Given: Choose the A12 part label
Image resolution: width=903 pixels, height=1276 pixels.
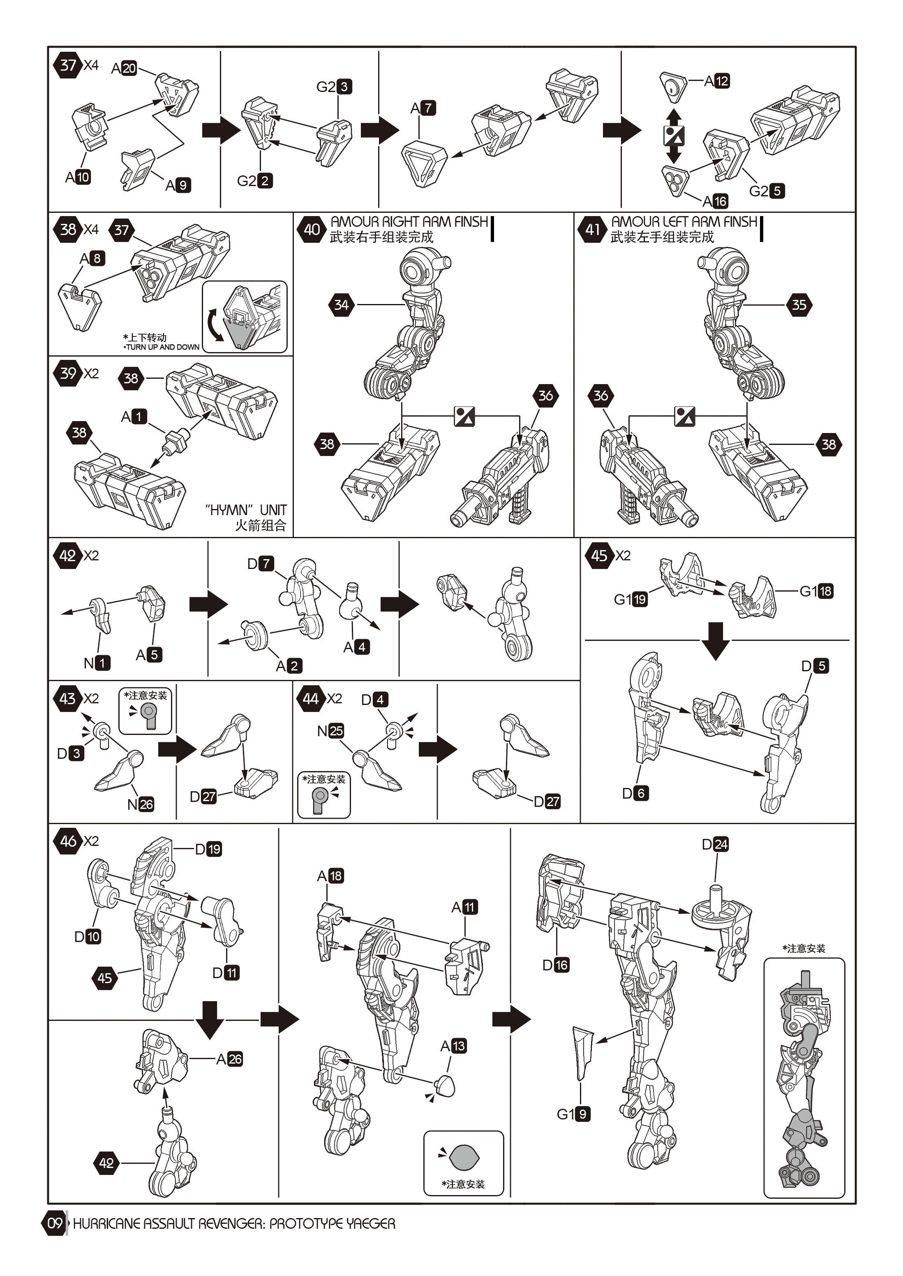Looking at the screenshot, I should [x=717, y=81].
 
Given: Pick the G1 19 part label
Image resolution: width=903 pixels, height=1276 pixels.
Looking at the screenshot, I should [x=630, y=599].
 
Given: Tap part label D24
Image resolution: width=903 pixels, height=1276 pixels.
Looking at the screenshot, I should [x=715, y=844].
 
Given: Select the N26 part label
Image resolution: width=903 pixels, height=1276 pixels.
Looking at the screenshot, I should [x=140, y=804].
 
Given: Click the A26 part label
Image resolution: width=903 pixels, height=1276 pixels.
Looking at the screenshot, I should [x=229, y=1059].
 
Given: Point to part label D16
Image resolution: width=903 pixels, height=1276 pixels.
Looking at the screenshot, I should [x=555, y=965].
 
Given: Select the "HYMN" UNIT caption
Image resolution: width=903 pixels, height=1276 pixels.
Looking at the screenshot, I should [x=246, y=510].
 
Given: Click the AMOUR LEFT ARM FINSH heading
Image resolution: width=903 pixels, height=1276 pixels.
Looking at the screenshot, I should [x=684, y=222].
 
